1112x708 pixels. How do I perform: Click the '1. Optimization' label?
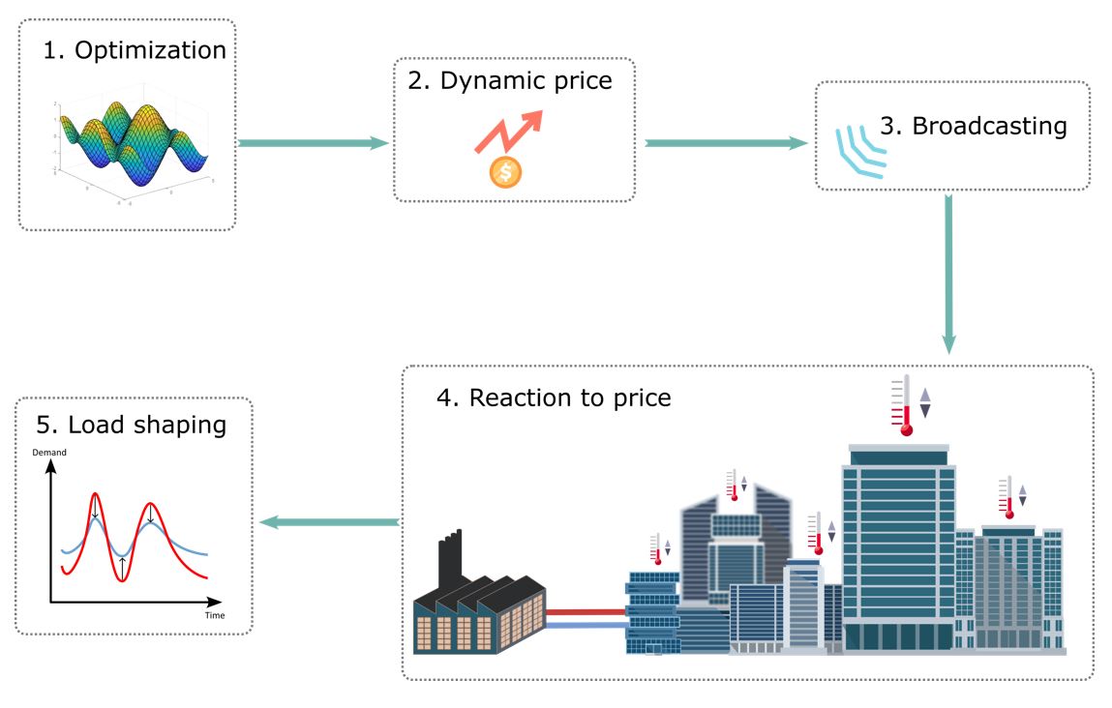tap(135, 50)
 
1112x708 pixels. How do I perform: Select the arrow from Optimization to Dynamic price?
tap(312, 143)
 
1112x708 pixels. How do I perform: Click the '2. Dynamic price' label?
tap(509, 80)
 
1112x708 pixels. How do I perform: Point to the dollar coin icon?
tap(505, 173)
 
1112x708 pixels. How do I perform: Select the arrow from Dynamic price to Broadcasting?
tap(726, 143)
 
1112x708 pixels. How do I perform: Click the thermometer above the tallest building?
tap(906, 405)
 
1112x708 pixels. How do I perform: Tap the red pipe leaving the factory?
tap(586, 611)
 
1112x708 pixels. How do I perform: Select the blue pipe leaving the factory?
tap(586, 626)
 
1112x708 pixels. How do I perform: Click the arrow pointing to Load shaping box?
tap(330, 522)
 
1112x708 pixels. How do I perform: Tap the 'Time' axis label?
tap(215, 615)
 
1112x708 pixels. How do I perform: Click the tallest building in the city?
tap(899, 546)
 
